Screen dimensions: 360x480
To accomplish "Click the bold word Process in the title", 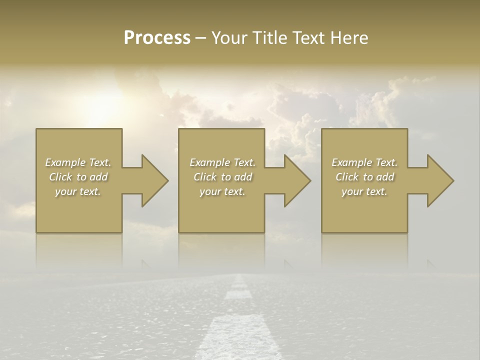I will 157,38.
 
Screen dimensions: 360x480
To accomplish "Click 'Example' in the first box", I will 65,162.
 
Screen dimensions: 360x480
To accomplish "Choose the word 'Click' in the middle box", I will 205,177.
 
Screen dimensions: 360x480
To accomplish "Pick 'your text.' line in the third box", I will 364,191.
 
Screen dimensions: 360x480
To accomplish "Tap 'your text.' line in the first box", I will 78,191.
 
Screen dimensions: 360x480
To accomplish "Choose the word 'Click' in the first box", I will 60,177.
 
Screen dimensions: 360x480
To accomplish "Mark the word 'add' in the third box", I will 385,177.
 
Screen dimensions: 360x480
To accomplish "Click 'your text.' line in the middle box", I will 222,191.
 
